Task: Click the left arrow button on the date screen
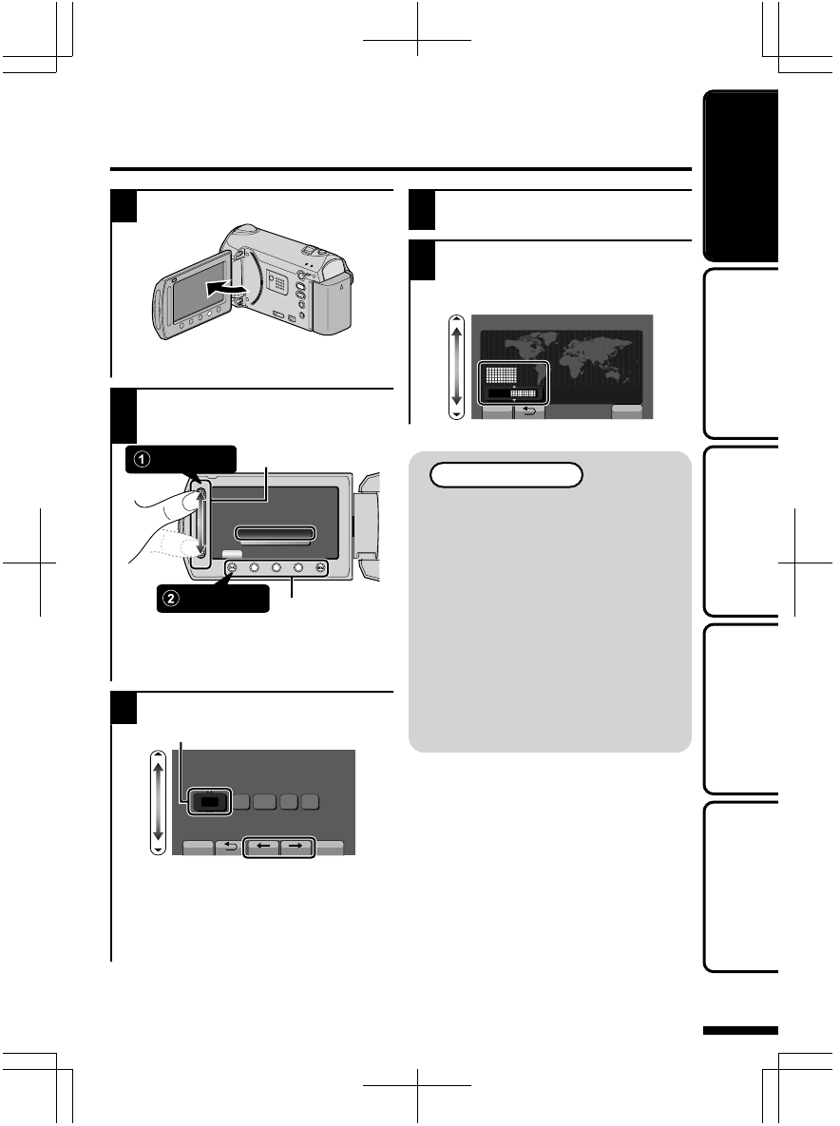[262, 848]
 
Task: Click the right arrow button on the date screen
[296, 848]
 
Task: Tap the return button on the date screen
[229, 848]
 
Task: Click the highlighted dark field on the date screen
[208, 802]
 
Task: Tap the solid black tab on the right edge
[741, 176]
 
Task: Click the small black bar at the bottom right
[741, 1031]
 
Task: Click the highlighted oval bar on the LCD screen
[275, 532]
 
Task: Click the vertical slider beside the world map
[458, 368]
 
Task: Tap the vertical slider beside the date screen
[159, 802]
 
